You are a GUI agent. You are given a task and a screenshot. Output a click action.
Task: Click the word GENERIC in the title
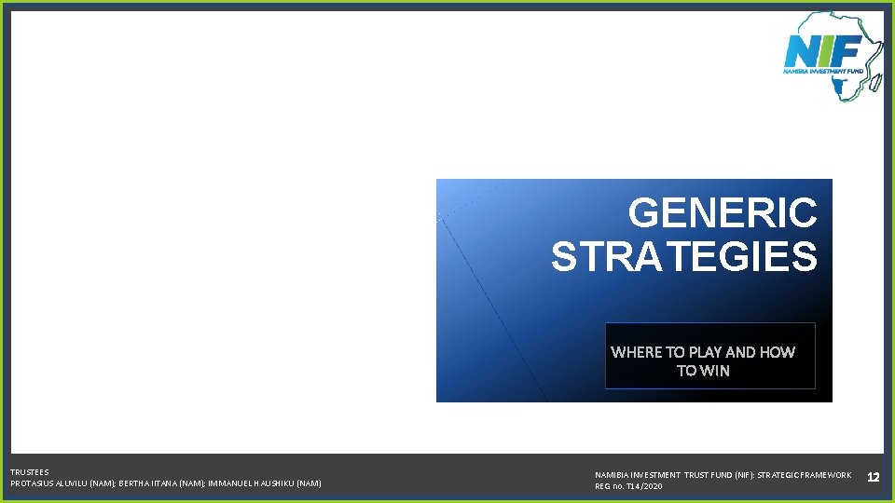(723, 213)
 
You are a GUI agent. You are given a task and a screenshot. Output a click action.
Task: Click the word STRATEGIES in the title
(683, 257)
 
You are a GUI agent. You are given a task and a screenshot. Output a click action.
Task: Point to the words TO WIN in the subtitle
(703, 371)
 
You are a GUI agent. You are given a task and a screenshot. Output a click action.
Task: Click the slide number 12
(873, 477)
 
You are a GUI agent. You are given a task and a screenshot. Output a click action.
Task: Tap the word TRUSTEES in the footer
(30, 472)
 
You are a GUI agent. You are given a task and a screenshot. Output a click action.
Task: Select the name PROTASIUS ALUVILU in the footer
(49, 483)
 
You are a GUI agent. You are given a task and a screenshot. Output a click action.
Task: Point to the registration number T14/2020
(643, 486)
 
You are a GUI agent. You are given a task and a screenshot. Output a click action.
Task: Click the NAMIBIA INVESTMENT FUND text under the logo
(823, 70)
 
